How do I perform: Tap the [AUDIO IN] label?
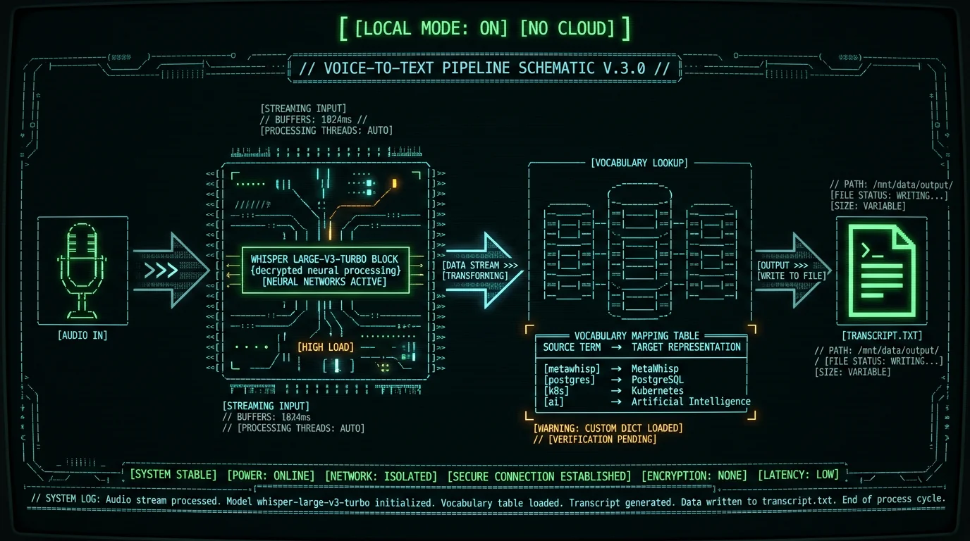point(82,335)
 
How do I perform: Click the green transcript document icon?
point(882,271)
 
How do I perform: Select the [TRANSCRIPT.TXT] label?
point(882,336)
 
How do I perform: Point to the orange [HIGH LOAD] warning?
point(326,347)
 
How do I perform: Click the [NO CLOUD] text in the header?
point(567,29)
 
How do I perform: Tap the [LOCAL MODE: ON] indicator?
point(431,29)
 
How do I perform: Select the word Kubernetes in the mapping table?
point(657,391)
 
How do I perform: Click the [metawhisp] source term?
point(572,368)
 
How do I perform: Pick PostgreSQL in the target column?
point(657,380)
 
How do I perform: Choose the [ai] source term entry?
point(554,402)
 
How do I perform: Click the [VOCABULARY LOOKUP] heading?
point(639,163)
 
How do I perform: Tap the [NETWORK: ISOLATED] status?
point(381,476)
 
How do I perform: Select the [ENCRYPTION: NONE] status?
point(694,475)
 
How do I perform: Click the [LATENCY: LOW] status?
point(798,475)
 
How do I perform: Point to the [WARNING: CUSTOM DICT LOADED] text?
point(608,428)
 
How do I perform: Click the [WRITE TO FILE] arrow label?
point(792,276)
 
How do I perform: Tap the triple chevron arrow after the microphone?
point(161,270)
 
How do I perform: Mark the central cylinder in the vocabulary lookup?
point(639,251)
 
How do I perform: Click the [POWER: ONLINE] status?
point(271,475)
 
